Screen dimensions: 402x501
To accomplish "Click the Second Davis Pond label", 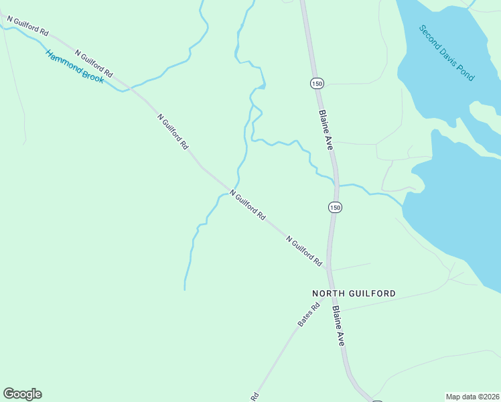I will (446, 53).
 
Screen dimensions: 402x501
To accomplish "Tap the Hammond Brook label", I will (74, 67).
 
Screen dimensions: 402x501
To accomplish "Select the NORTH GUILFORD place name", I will (354, 293).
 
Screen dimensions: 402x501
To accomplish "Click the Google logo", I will (22, 394).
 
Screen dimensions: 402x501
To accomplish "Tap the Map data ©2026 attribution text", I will (472, 397).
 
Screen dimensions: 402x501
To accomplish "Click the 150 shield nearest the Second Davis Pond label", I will (317, 83).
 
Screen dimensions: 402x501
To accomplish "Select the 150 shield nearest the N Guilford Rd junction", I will (335, 208).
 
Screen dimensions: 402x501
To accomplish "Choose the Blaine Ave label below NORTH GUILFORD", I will (338, 326).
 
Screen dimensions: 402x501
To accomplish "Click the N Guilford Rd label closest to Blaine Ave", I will (304, 251).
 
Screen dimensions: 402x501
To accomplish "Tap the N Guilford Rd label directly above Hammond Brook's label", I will (94, 63).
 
